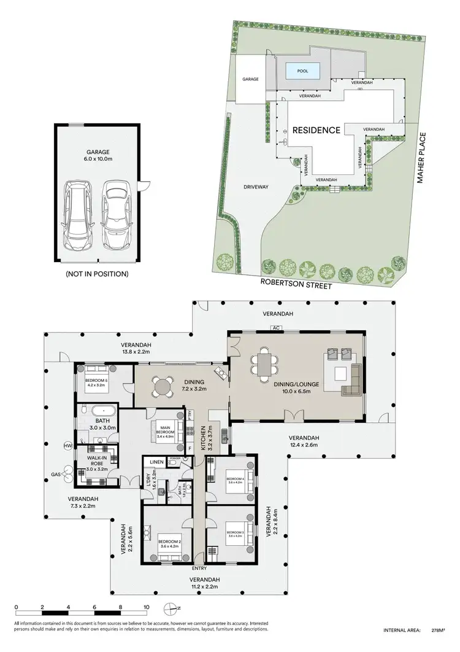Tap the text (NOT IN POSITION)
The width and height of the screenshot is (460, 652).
pos(97,274)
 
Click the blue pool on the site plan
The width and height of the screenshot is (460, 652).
pos(302,71)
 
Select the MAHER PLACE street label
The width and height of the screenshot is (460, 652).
pos(421,159)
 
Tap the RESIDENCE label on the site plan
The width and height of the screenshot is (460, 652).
pos(316,130)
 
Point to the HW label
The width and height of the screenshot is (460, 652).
pos(67,445)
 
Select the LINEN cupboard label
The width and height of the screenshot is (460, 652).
pos(156,462)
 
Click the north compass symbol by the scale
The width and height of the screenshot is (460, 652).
pos(171,609)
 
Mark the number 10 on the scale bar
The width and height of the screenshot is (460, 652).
pos(146,607)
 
